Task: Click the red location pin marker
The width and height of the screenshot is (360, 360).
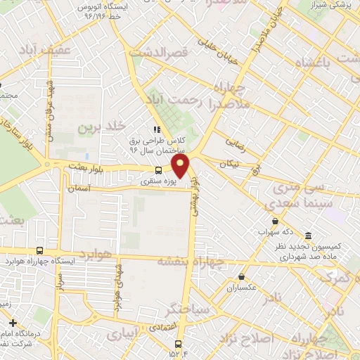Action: [181, 166]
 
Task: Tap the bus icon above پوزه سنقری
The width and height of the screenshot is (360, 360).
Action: [159, 170]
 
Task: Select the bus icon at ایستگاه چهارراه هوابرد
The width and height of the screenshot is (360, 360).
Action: [39, 250]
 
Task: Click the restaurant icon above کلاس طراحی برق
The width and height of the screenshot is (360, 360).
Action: [157, 129]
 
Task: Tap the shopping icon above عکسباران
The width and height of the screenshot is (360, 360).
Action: [243, 276]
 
